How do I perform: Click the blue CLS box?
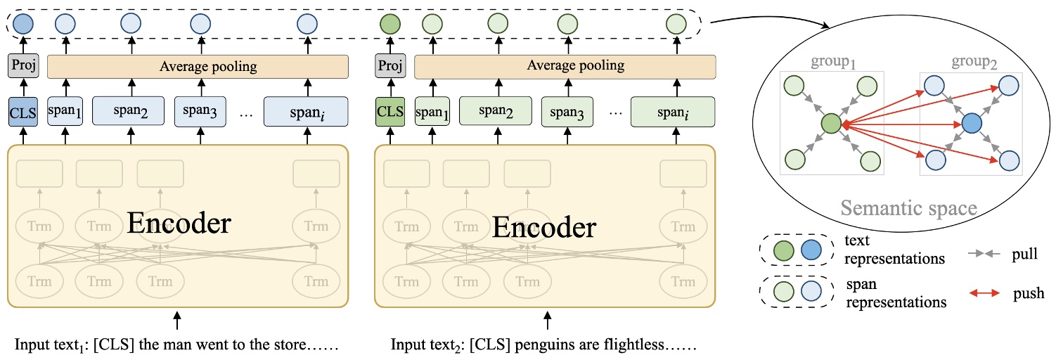(22, 110)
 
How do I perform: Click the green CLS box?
(389, 110)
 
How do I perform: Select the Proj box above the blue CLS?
(22, 67)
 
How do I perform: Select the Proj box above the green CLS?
(389, 67)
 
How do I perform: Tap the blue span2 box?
(127, 110)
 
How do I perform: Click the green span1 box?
(431, 110)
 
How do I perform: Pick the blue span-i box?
(306, 110)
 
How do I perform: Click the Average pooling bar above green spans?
(565, 67)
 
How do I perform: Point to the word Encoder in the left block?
(179, 224)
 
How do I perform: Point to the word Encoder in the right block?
(544, 226)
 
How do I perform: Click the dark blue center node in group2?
(971, 124)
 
